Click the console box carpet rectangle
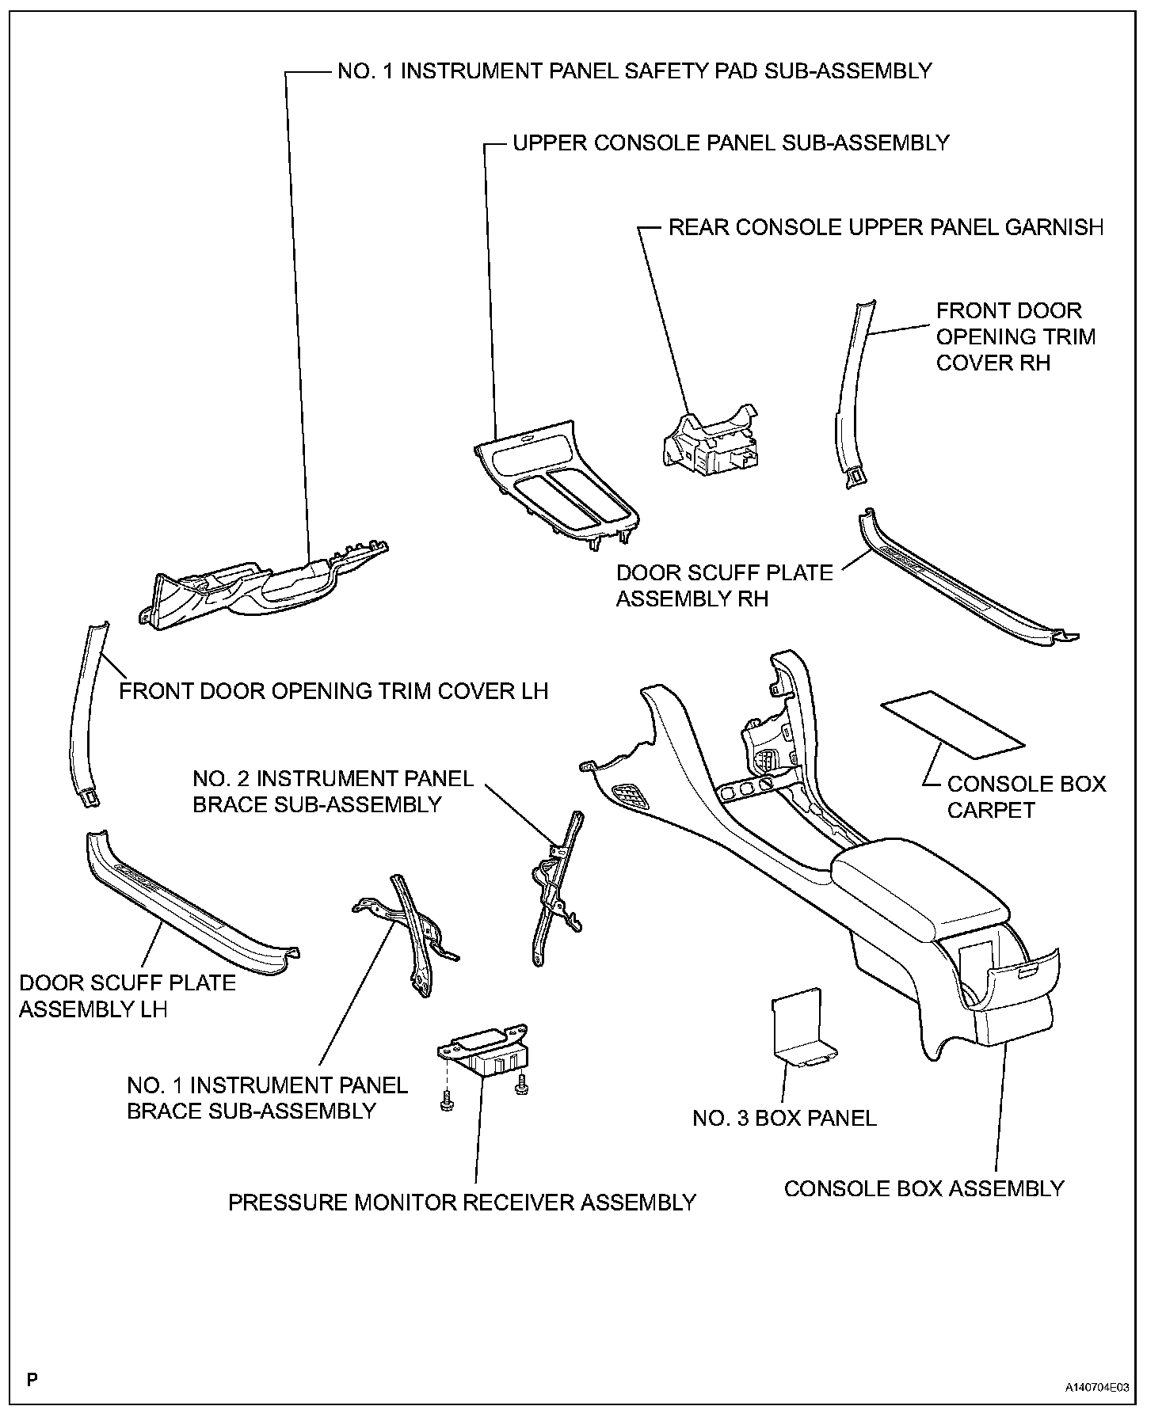click(x=953, y=721)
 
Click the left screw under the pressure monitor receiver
click(x=447, y=1101)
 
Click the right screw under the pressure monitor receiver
click(x=522, y=1087)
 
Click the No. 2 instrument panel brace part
click(x=554, y=887)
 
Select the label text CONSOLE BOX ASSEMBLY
click(x=924, y=1188)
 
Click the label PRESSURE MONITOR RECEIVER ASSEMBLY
click(x=462, y=1203)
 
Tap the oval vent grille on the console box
click(x=631, y=796)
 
